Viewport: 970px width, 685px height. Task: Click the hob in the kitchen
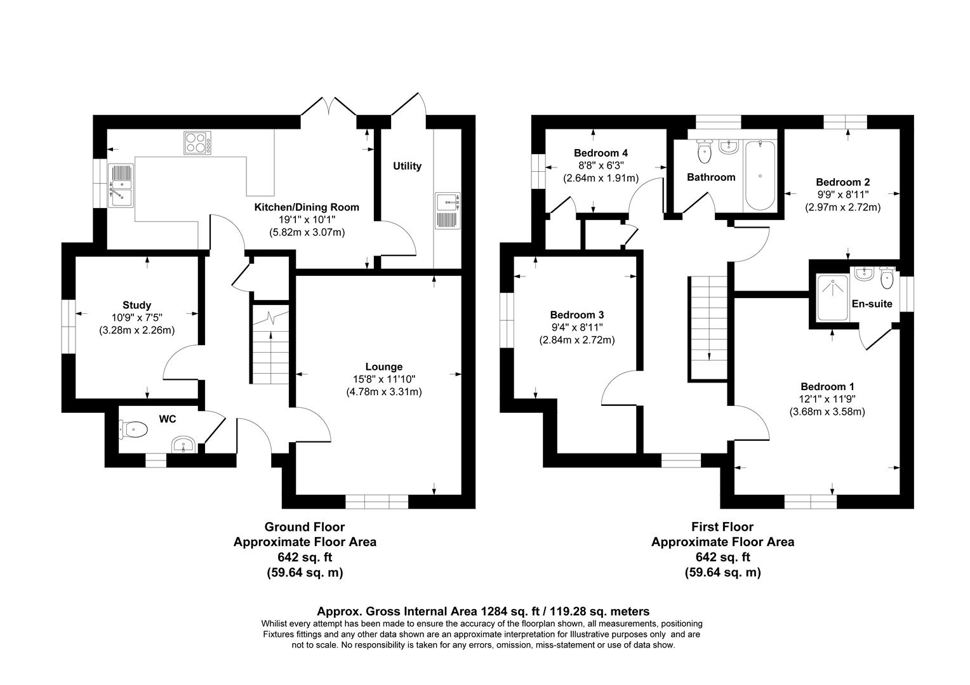(197, 143)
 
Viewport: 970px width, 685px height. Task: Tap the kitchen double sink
(119, 185)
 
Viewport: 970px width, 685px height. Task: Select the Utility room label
(407, 166)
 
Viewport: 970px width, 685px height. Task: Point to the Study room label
(136, 305)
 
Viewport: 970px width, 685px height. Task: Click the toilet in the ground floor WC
(134, 430)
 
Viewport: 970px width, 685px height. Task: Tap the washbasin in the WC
(184, 445)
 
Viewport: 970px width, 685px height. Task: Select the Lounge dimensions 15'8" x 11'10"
(383, 379)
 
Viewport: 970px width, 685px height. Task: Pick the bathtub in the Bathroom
(759, 176)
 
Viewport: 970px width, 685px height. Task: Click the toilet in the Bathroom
(704, 151)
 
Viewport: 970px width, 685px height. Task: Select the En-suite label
(872, 304)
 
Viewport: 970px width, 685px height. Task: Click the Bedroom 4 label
(601, 153)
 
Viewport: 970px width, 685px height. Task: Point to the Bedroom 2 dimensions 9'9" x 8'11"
(842, 194)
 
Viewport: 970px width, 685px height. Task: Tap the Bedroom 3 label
(576, 315)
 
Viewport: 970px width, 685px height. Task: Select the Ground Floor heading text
(304, 526)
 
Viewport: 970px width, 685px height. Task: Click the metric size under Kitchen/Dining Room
(307, 232)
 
